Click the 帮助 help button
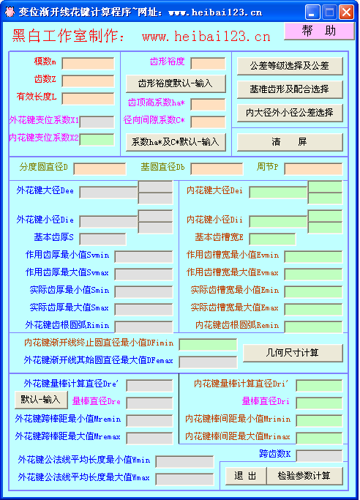tap(319, 31)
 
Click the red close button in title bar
tap(346, 12)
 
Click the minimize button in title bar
tap(312, 12)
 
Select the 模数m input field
tap(88, 63)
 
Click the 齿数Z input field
tap(88, 81)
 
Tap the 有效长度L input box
tap(88, 99)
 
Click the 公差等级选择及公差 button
tap(290, 66)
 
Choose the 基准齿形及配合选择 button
tap(290, 89)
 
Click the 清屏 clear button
tap(290, 142)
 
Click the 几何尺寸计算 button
tap(293, 353)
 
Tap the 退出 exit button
tap(246, 476)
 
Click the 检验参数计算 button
tap(304, 476)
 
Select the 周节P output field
tap(313, 169)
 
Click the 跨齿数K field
tap(319, 455)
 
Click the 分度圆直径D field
tap(100, 169)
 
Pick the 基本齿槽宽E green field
tap(272, 239)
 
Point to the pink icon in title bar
tap(10, 12)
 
